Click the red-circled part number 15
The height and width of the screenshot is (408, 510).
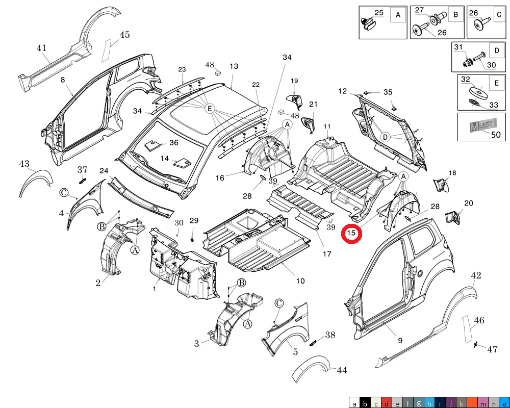tap(351, 233)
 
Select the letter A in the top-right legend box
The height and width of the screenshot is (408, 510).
tap(398, 16)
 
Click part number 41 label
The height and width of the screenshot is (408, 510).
tap(41, 48)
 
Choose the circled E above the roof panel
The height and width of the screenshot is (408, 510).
tap(209, 108)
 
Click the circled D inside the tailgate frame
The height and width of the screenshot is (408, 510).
tap(386, 137)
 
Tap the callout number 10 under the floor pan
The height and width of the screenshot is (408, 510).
tap(300, 281)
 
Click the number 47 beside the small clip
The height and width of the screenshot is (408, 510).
tap(492, 349)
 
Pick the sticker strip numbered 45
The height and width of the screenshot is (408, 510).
tap(108, 49)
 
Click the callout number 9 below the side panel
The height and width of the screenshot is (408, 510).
tap(400, 340)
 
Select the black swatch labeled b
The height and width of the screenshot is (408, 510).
tap(365, 403)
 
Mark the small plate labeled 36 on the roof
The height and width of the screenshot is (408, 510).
tap(152, 145)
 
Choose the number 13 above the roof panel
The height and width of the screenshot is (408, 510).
tap(234, 66)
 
